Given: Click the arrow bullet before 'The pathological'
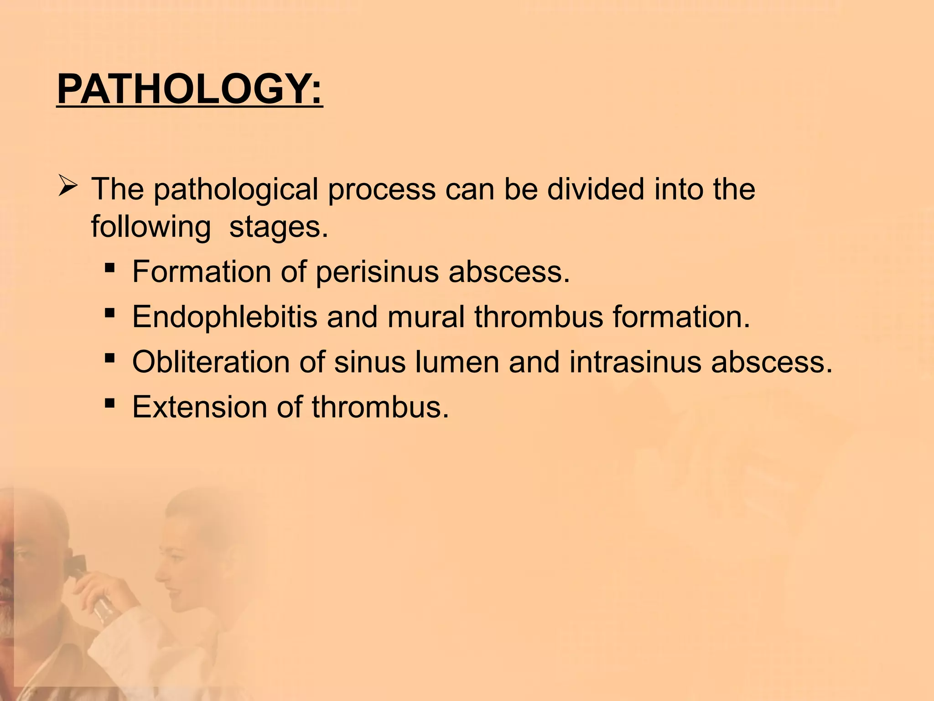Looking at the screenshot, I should tap(69, 187).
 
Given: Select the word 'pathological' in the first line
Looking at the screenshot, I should tap(235, 190).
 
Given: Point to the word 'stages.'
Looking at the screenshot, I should tap(278, 227).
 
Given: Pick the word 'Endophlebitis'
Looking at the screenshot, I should tap(224, 317).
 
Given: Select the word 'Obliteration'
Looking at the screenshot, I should tap(211, 362).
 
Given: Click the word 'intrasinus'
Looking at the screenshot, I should tap(634, 362).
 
